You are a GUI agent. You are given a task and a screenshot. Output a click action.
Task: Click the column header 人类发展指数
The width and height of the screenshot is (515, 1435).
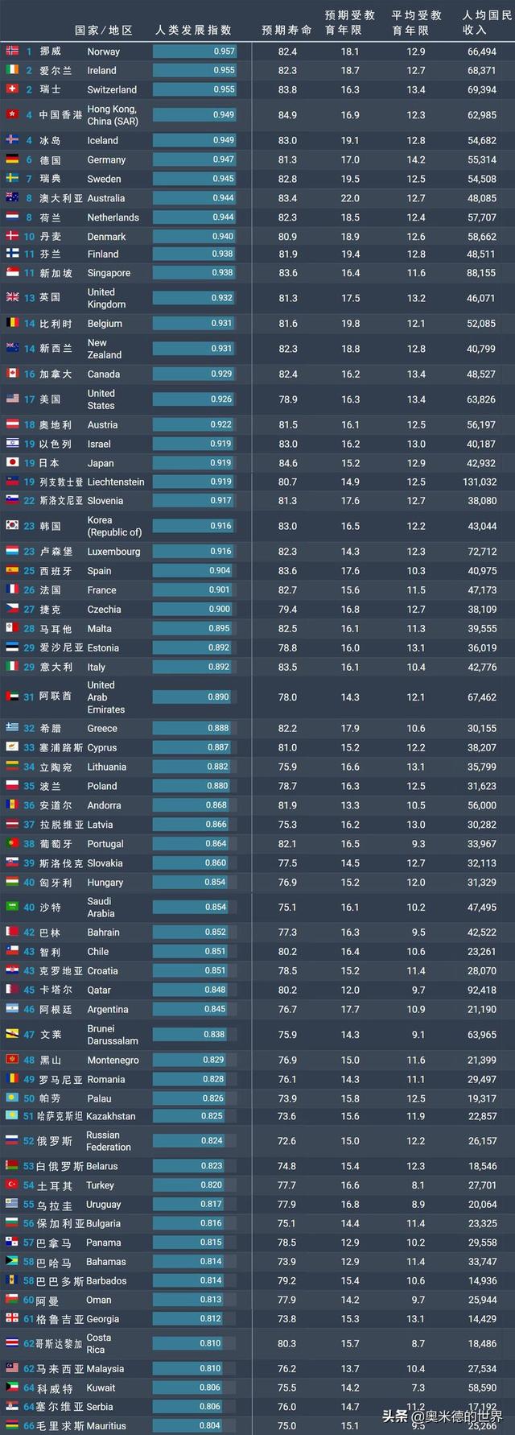(x=194, y=30)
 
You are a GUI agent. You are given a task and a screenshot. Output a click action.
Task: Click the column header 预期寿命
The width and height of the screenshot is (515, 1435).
(x=286, y=30)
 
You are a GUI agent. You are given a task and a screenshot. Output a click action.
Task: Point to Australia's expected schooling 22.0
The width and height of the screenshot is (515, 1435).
(x=350, y=198)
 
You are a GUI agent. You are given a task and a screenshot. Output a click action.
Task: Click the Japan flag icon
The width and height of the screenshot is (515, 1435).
(x=12, y=462)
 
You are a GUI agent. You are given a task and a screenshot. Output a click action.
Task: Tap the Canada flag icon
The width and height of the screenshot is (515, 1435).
(x=12, y=374)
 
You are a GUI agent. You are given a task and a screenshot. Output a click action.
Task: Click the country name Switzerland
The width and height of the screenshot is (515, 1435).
(x=112, y=89)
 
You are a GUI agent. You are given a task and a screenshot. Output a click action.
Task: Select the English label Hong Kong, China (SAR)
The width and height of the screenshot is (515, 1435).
(x=112, y=115)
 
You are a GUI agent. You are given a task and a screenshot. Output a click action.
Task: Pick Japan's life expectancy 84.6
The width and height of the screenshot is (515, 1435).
(x=287, y=463)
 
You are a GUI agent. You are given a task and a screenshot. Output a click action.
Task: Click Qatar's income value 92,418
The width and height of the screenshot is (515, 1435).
(x=481, y=990)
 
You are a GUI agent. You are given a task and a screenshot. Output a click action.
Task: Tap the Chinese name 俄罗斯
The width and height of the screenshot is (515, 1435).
(x=56, y=1141)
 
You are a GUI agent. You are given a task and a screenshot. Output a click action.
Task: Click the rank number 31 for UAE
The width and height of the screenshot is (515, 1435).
(x=29, y=697)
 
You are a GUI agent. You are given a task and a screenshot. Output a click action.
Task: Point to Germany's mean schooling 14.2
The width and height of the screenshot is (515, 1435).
(x=416, y=160)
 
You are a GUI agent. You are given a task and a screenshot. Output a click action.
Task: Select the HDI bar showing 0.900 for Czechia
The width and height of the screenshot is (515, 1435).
(x=194, y=610)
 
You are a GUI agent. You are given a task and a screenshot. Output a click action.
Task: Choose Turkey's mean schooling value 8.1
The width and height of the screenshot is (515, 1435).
(x=416, y=1185)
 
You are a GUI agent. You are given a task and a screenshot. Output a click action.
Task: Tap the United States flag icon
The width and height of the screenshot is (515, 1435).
(x=12, y=399)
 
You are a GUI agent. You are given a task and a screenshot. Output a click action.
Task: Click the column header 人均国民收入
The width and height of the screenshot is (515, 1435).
(x=486, y=23)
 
